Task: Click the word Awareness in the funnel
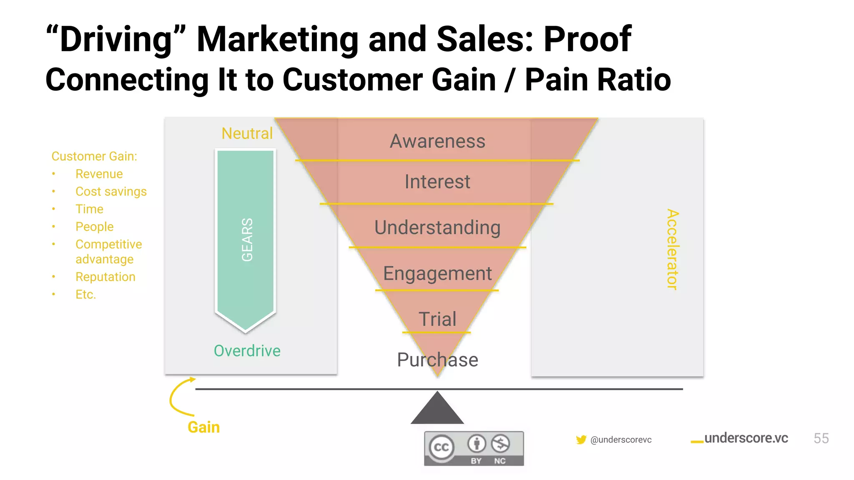[x=437, y=141]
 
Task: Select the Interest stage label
[x=437, y=182]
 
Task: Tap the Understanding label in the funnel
[x=437, y=227]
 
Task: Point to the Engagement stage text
[x=437, y=274]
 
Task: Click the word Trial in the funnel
[x=437, y=319]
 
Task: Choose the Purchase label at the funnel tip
[x=437, y=360]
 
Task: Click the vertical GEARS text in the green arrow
[x=247, y=240]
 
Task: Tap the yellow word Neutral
[x=247, y=133]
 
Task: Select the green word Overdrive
[x=247, y=351]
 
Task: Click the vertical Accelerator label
[x=672, y=249]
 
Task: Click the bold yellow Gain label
[x=203, y=427]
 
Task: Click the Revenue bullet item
[x=99, y=174]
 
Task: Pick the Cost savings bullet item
[x=111, y=191]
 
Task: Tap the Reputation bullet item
[x=105, y=277]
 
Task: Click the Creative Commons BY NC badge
[x=474, y=448]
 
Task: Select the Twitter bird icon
[x=581, y=440]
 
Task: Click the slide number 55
[x=821, y=438]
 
